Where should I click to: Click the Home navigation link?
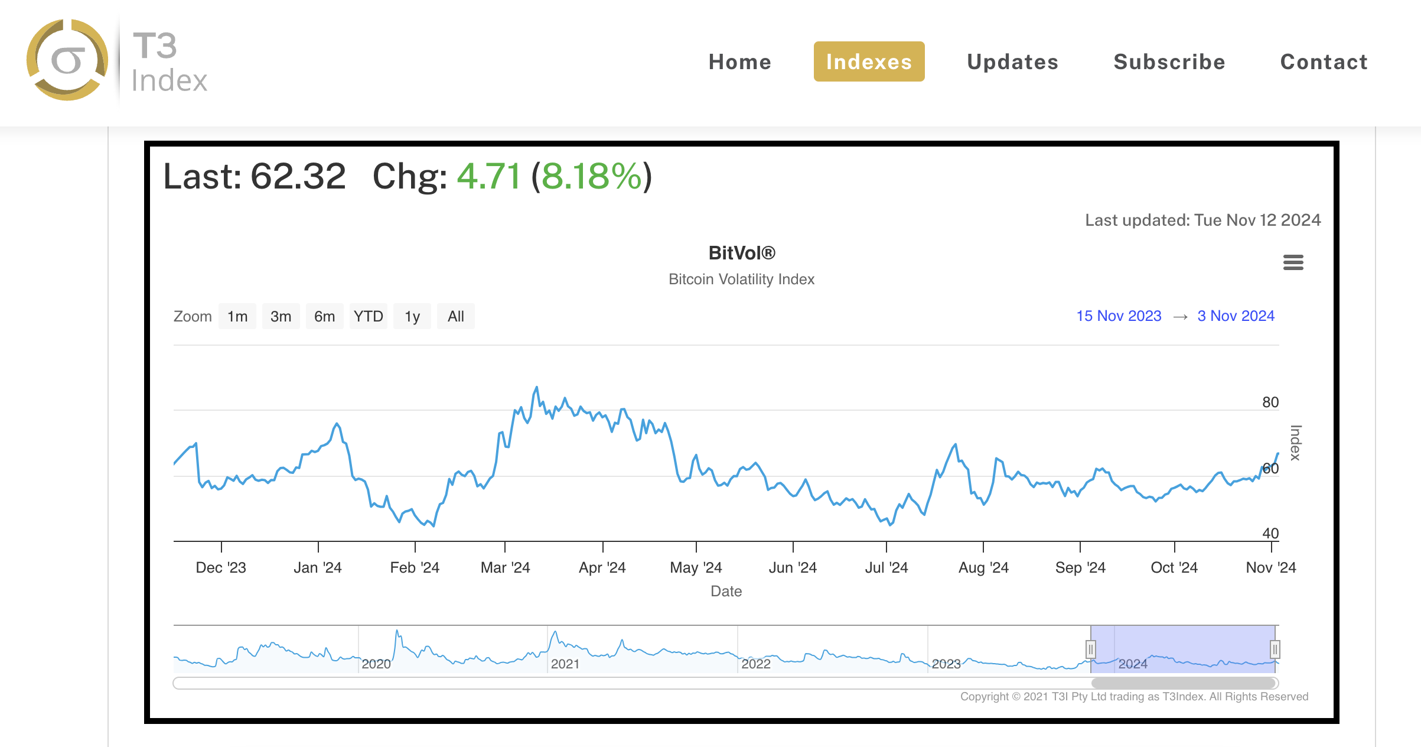pos(739,62)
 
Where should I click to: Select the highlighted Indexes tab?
pos(869,62)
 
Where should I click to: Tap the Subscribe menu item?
pos(1169,62)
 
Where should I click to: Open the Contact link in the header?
pos(1324,62)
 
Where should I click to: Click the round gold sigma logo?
pos(67,60)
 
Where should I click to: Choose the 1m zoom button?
pos(237,317)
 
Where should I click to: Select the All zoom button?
pos(455,317)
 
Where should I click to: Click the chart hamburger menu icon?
pos(1293,262)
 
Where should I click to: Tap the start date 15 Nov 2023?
pos(1119,316)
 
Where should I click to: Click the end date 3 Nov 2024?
pos(1236,316)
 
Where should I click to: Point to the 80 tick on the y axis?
pos(1270,402)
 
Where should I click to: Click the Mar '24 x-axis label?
pos(505,568)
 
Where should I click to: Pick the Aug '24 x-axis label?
pos(983,568)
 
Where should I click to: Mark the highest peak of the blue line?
pos(537,388)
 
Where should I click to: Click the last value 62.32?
pos(298,177)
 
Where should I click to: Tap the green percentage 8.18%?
pos(591,177)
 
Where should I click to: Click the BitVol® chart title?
pos(742,253)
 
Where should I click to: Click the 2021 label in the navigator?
pos(565,664)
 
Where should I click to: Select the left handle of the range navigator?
pos(1091,649)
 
